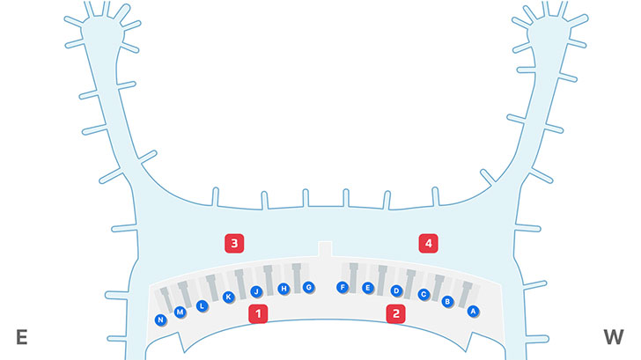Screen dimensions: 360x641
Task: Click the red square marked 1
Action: coord(258,313)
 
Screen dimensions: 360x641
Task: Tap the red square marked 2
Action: coord(396,313)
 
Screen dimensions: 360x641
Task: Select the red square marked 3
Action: coord(234,243)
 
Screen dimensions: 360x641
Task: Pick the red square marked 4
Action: coord(428,243)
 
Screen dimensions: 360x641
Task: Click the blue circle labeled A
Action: coord(473,311)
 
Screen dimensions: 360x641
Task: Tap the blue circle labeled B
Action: coord(447,302)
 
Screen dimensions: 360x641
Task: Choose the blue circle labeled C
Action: coord(423,295)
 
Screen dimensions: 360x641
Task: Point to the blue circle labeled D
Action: coord(396,290)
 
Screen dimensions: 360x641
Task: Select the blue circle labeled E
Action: coord(368,288)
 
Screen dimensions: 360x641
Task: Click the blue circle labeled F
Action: coord(343,287)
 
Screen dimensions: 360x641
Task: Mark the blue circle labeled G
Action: coord(308,287)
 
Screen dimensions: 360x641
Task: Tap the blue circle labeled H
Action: coord(284,289)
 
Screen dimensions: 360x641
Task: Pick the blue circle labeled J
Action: coord(256,291)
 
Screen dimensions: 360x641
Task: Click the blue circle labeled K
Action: coord(229,298)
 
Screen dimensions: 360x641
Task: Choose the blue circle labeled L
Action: coord(202,306)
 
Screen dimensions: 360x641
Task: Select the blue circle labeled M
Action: coord(181,312)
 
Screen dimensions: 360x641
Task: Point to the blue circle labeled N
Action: coord(160,320)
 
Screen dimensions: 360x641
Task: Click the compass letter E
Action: coord(22,337)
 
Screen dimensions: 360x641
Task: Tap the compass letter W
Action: coord(613,337)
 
